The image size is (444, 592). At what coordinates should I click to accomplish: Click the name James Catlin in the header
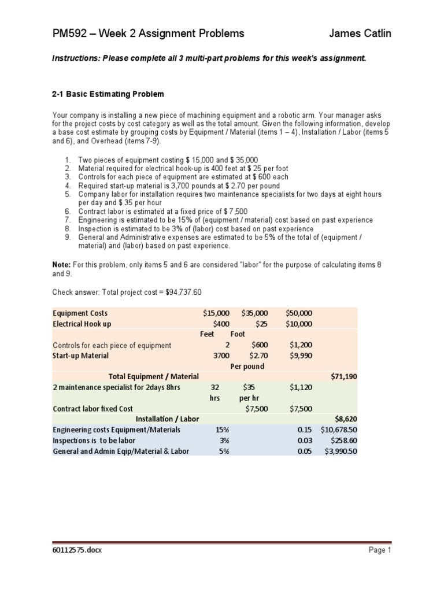(x=360, y=34)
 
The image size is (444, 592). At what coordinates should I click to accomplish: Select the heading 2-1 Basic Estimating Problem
(x=108, y=94)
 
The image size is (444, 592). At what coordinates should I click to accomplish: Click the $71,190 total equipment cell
(x=344, y=376)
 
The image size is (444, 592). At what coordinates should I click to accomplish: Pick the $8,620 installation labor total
(x=346, y=419)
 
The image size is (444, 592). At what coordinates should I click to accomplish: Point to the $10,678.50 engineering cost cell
(x=341, y=430)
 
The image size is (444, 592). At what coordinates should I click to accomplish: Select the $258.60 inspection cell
(x=345, y=441)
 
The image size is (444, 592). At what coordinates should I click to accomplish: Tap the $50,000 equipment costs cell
(x=299, y=313)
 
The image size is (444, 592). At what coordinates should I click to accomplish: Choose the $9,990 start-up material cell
(x=301, y=356)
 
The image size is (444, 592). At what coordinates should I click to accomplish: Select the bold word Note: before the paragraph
(x=61, y=264)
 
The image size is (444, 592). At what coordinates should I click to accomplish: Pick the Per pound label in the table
(x=247, y=367)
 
